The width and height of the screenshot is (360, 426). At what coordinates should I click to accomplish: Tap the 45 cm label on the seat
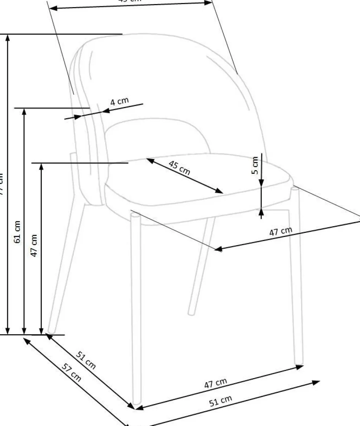180,168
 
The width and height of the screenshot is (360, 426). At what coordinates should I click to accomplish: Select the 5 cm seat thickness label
255,165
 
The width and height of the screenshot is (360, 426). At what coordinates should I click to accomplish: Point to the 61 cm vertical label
17,232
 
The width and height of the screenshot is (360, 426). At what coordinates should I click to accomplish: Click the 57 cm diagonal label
71,373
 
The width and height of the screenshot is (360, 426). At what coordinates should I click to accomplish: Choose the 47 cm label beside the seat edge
281,232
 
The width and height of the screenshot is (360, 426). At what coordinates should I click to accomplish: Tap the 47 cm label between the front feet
216,383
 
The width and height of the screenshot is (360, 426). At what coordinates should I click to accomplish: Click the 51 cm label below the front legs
221,401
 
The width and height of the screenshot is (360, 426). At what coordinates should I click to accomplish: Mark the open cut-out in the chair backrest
158,136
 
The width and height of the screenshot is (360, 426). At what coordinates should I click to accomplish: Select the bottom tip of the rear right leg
191,313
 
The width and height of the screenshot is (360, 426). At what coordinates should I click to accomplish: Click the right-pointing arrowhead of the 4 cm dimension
78,117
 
